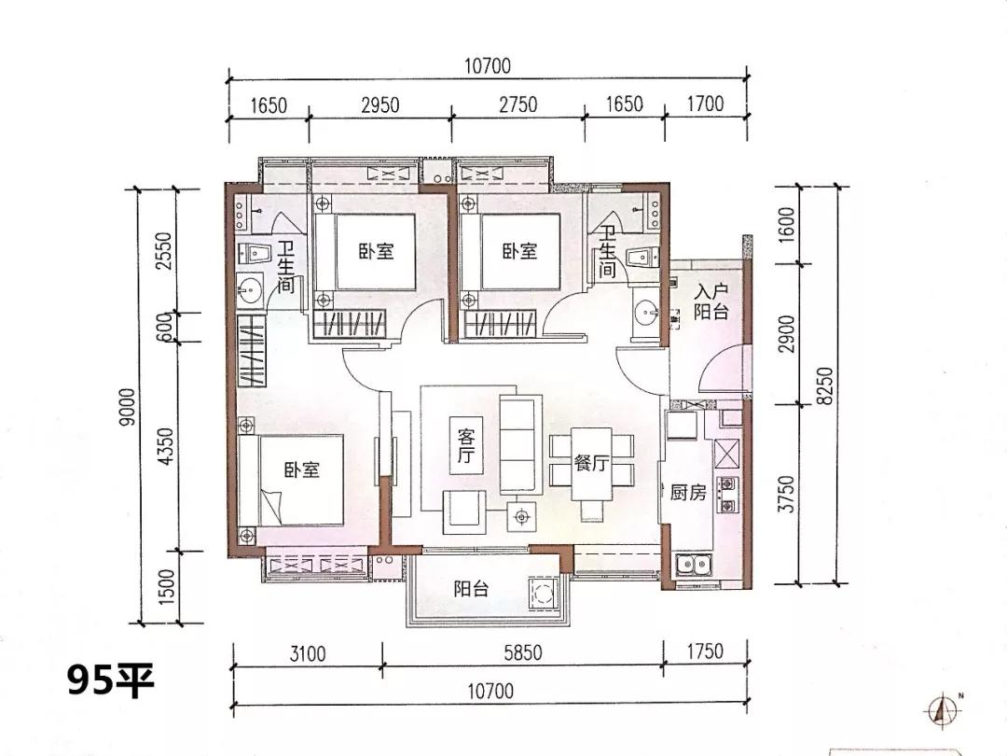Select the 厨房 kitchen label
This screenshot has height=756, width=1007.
coord(688,493)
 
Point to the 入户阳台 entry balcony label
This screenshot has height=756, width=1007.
coord(710,301)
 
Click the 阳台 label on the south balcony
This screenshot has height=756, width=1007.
coord(472,589)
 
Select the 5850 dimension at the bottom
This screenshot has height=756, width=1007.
coord(522,653)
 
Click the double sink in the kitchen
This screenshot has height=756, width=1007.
coord(694,564)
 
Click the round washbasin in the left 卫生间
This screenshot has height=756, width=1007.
coord(251,289)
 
